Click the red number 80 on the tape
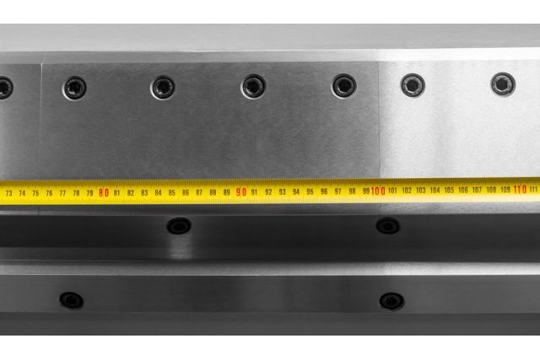[104, 193]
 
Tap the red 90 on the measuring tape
[241, 191]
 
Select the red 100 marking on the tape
[378, 191]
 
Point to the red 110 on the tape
[520, 190]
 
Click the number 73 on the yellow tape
[9, 193]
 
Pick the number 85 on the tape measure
[172, 193]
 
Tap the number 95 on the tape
[310, 191]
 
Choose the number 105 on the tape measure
[449, 190]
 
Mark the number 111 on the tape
[533, 190]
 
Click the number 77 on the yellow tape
[62, 193]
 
